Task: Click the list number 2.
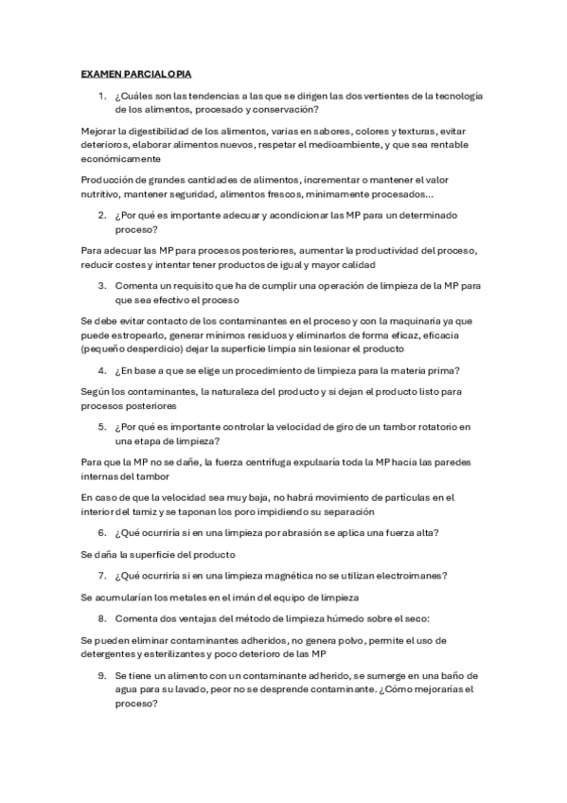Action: (x=102, y=215)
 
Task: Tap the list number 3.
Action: (x=102, y=285)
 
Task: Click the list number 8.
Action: (x=102, y=618)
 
